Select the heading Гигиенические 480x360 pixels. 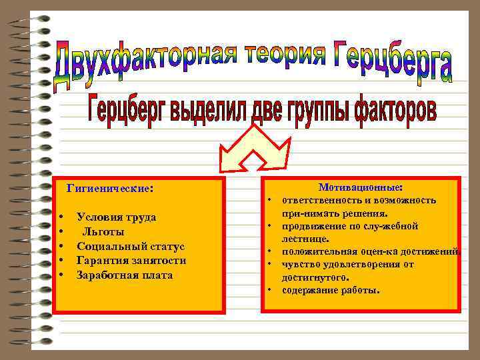[109, 189]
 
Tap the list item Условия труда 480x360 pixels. [117, 217]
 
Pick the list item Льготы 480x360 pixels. [103, 231]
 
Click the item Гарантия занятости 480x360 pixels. [131, 261]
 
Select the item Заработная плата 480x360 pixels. [125, 275]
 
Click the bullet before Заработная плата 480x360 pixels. [61, 275]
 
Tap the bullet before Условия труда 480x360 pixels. [61, 217]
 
